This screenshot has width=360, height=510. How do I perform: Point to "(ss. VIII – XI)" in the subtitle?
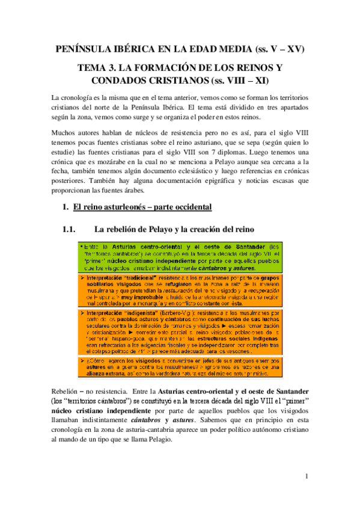pyautogui.click(x=236, y=79)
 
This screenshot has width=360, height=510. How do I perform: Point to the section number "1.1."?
pyautogui.click(x=71, y=229)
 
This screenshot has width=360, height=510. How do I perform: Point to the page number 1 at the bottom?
pyautogui.click(x=306, y=477)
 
